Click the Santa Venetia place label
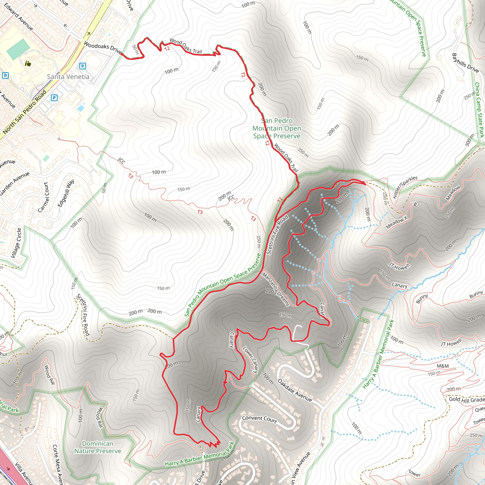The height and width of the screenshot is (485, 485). click(68, 76)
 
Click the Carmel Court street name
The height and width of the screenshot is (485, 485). click(43, 197)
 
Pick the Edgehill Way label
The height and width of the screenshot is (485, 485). click(66, 193)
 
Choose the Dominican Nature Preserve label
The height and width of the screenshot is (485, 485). click(98, 447)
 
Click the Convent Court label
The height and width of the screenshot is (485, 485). click(259, 419)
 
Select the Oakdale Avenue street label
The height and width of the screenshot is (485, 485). click(295, 390)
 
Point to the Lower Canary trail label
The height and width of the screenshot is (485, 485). click(250, 360)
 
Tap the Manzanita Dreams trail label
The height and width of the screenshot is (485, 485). click(276, 289)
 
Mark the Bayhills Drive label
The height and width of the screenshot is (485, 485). click(465, 63)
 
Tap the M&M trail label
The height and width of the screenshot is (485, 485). click(443, 366)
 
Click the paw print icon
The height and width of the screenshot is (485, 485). click(28, 63)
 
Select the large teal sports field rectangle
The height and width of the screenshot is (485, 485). click(18, 49)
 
